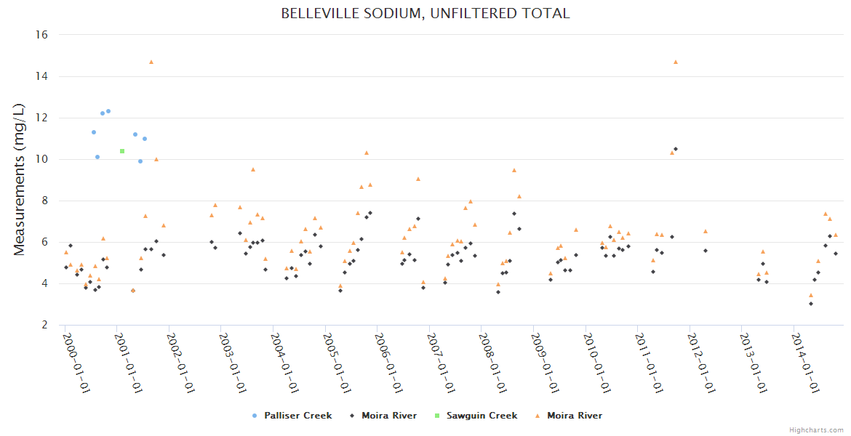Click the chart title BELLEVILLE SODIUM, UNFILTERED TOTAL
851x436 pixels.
tap(425, 14)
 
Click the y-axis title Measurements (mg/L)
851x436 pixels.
tap(20, 179)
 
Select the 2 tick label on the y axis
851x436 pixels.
tap(45, 325)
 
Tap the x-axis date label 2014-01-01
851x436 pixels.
tap(806, 363)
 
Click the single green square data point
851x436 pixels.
tap(122, 151)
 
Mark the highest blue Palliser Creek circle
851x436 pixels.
tap(108, 111)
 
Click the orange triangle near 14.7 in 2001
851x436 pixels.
tap(151, 62)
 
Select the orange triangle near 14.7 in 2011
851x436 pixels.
tap(676, 62)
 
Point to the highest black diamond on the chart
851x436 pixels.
tap(676, 149)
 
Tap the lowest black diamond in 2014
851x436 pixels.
tap(811, 304)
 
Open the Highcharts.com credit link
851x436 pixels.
tap(816, 430)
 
